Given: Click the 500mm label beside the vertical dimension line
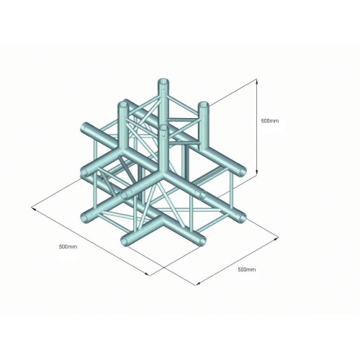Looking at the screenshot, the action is (x=270, y=121).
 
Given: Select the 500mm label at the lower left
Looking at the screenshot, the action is (x=68, y=246).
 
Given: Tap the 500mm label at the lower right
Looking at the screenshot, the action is (x=247, y=269).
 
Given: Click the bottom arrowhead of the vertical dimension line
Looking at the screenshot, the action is (x=257, y=173).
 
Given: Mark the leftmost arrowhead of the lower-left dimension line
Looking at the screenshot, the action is (x=34, y=210).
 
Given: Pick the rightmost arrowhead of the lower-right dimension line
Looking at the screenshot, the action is (x=276, y=238).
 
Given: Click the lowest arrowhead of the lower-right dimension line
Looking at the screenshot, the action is (x=197, y=284).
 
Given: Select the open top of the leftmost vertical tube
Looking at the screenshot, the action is (x=124, y=105).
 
